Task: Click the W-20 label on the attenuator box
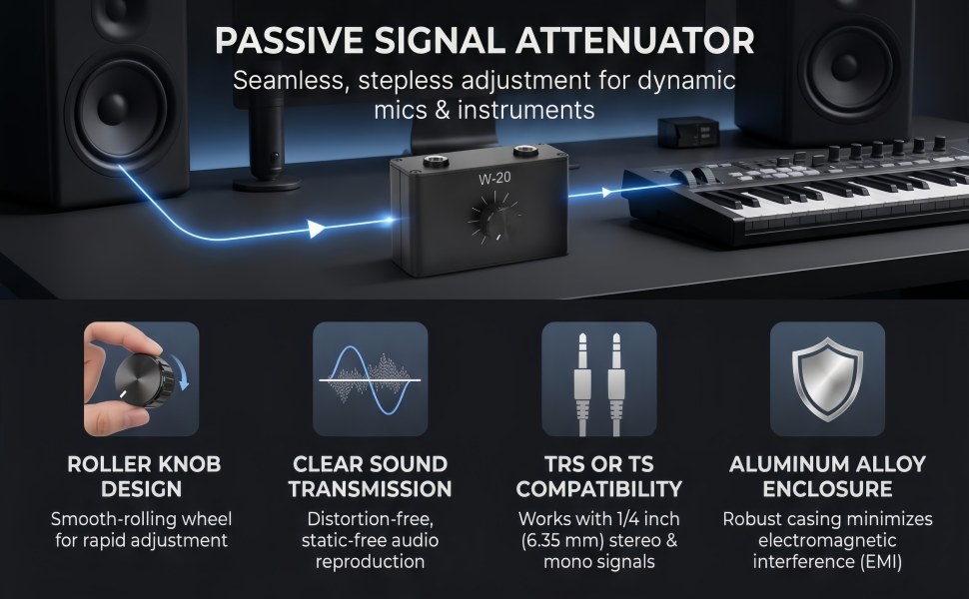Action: click(494, 178)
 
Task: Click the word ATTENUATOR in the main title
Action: click(635, 41)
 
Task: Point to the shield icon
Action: click(827, 379)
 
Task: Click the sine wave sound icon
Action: click(371, 379)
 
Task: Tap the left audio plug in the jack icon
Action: click(582, 384)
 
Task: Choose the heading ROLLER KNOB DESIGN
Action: click(144, 476)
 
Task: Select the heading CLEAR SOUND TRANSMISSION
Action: click(371, 476)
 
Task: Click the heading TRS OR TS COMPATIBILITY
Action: click(598, 476)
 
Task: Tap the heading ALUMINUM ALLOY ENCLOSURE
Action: click(827, 476)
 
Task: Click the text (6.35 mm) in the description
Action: click(561, 541)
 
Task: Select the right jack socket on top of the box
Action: click(525, 149)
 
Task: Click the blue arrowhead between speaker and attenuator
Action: click(317, 229)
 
